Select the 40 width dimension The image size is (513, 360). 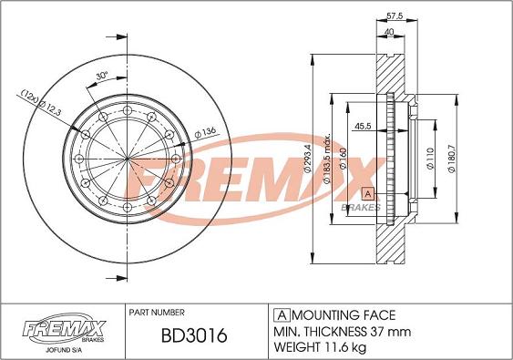tap(389, 32)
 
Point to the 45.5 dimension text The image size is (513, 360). tap(363, 126)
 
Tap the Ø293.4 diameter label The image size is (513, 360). tap(307, 158)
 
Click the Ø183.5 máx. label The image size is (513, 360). tap(327, 159)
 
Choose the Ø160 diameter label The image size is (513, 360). tap(344, 159)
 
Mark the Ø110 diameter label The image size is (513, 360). tap(430, 159)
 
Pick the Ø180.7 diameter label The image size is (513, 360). tap(451, 159)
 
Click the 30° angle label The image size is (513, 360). tap(102, 76)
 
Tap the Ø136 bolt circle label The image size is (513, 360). tap(205, 133)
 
